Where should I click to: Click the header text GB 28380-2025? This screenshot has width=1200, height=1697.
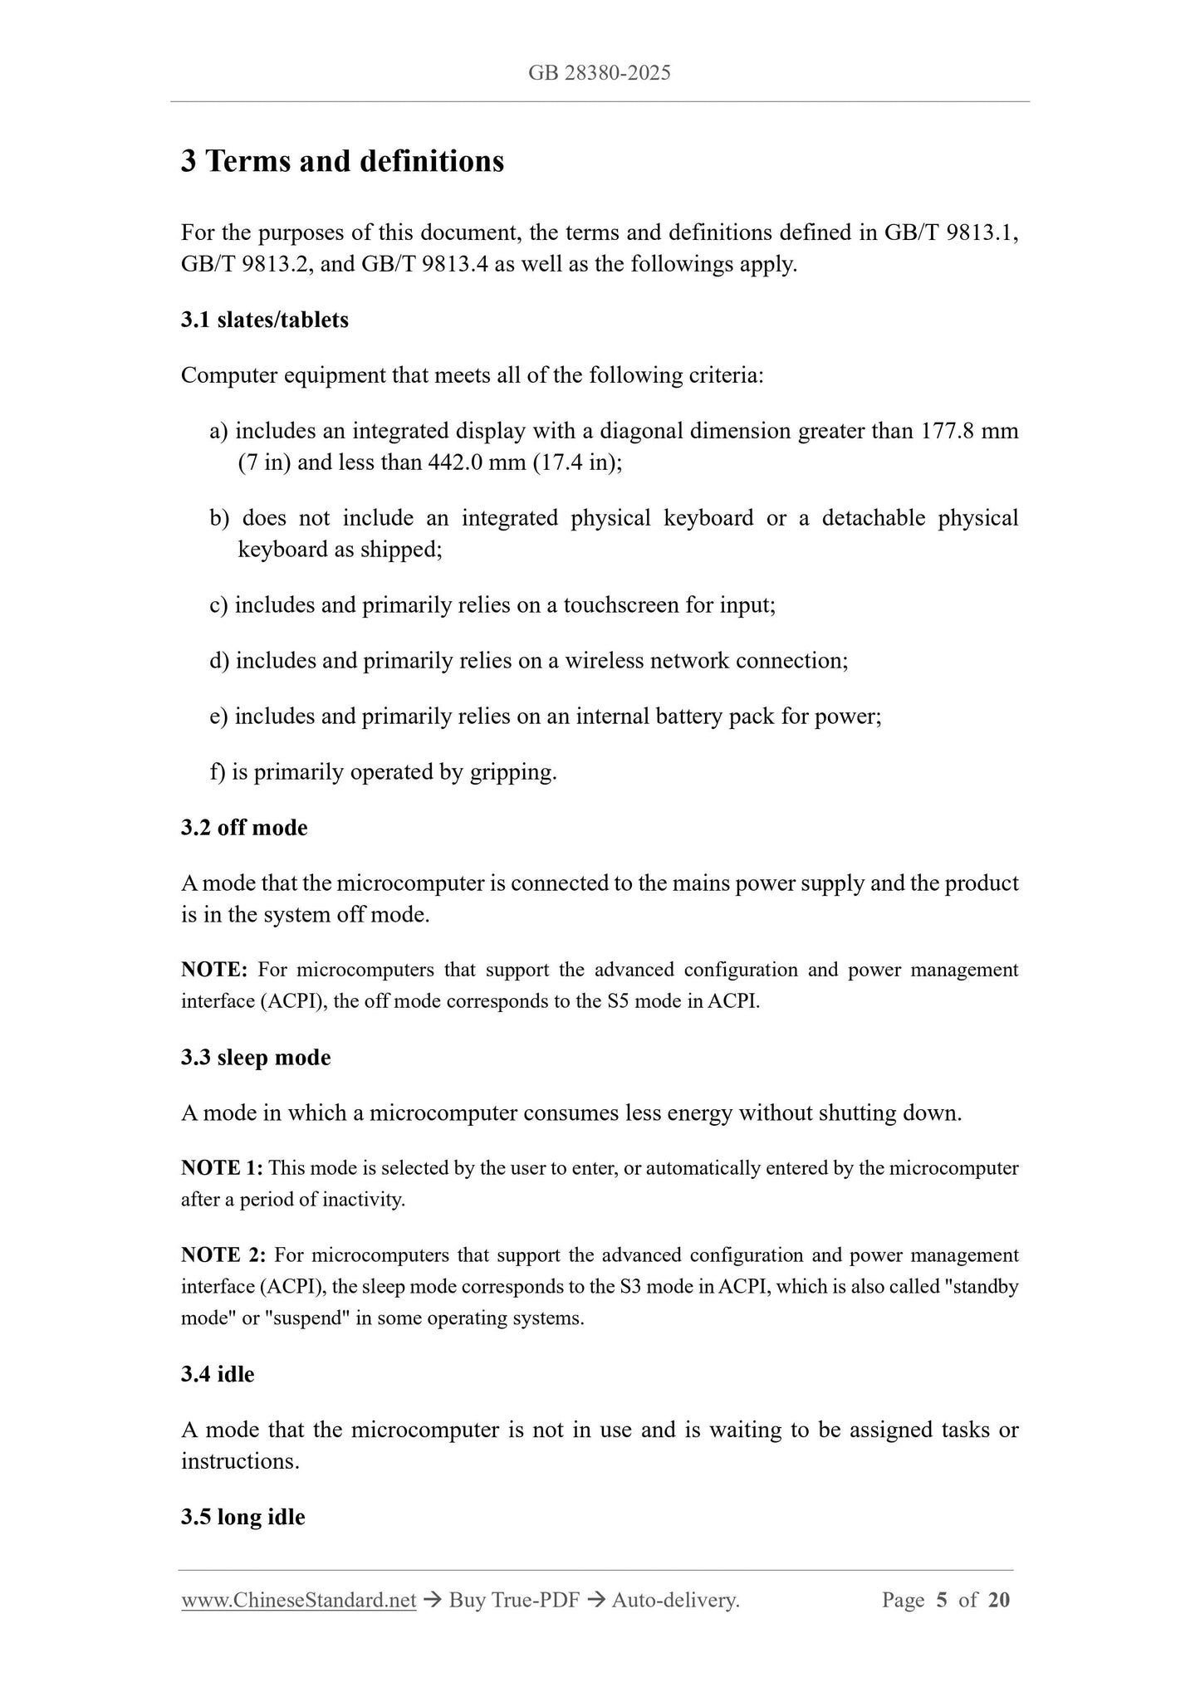point(599,73)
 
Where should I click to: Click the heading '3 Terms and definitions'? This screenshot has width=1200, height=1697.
point(342,161)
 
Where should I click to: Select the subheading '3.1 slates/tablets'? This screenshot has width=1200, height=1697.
point(264,320)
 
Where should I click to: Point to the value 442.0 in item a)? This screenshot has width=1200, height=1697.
point(455,462)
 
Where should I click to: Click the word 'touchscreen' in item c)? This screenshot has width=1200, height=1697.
point(621,605)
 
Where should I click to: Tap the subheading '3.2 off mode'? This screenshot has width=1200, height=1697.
point(244,828)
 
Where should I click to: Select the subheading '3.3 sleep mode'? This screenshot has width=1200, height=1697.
point(256,1058)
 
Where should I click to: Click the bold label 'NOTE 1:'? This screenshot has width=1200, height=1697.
point(222,1168)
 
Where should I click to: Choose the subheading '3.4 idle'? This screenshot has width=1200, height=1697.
point(218,1375)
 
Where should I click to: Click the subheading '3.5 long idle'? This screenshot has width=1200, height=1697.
point(242,1518)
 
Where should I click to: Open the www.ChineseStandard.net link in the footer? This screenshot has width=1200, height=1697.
point(298,1601)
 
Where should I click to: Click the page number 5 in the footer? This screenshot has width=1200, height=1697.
point(941,1601)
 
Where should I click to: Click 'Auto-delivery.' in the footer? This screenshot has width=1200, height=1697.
point(675,1601)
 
